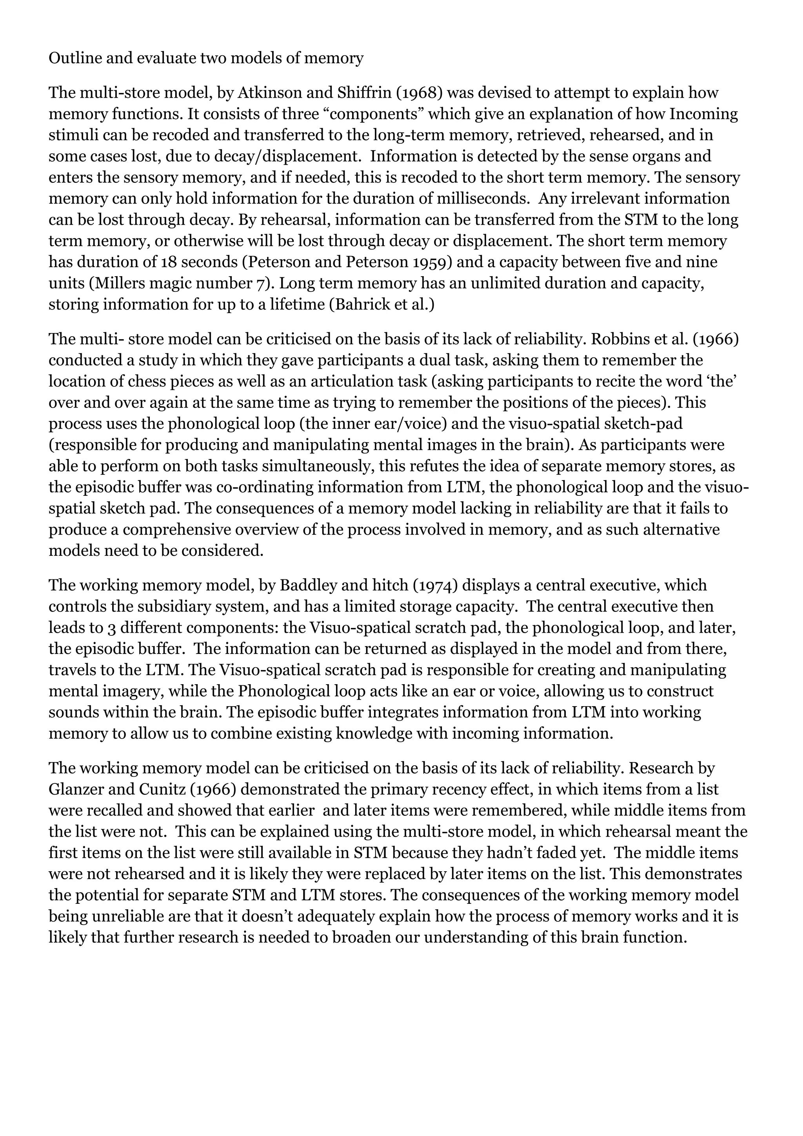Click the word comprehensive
(178, 530)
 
